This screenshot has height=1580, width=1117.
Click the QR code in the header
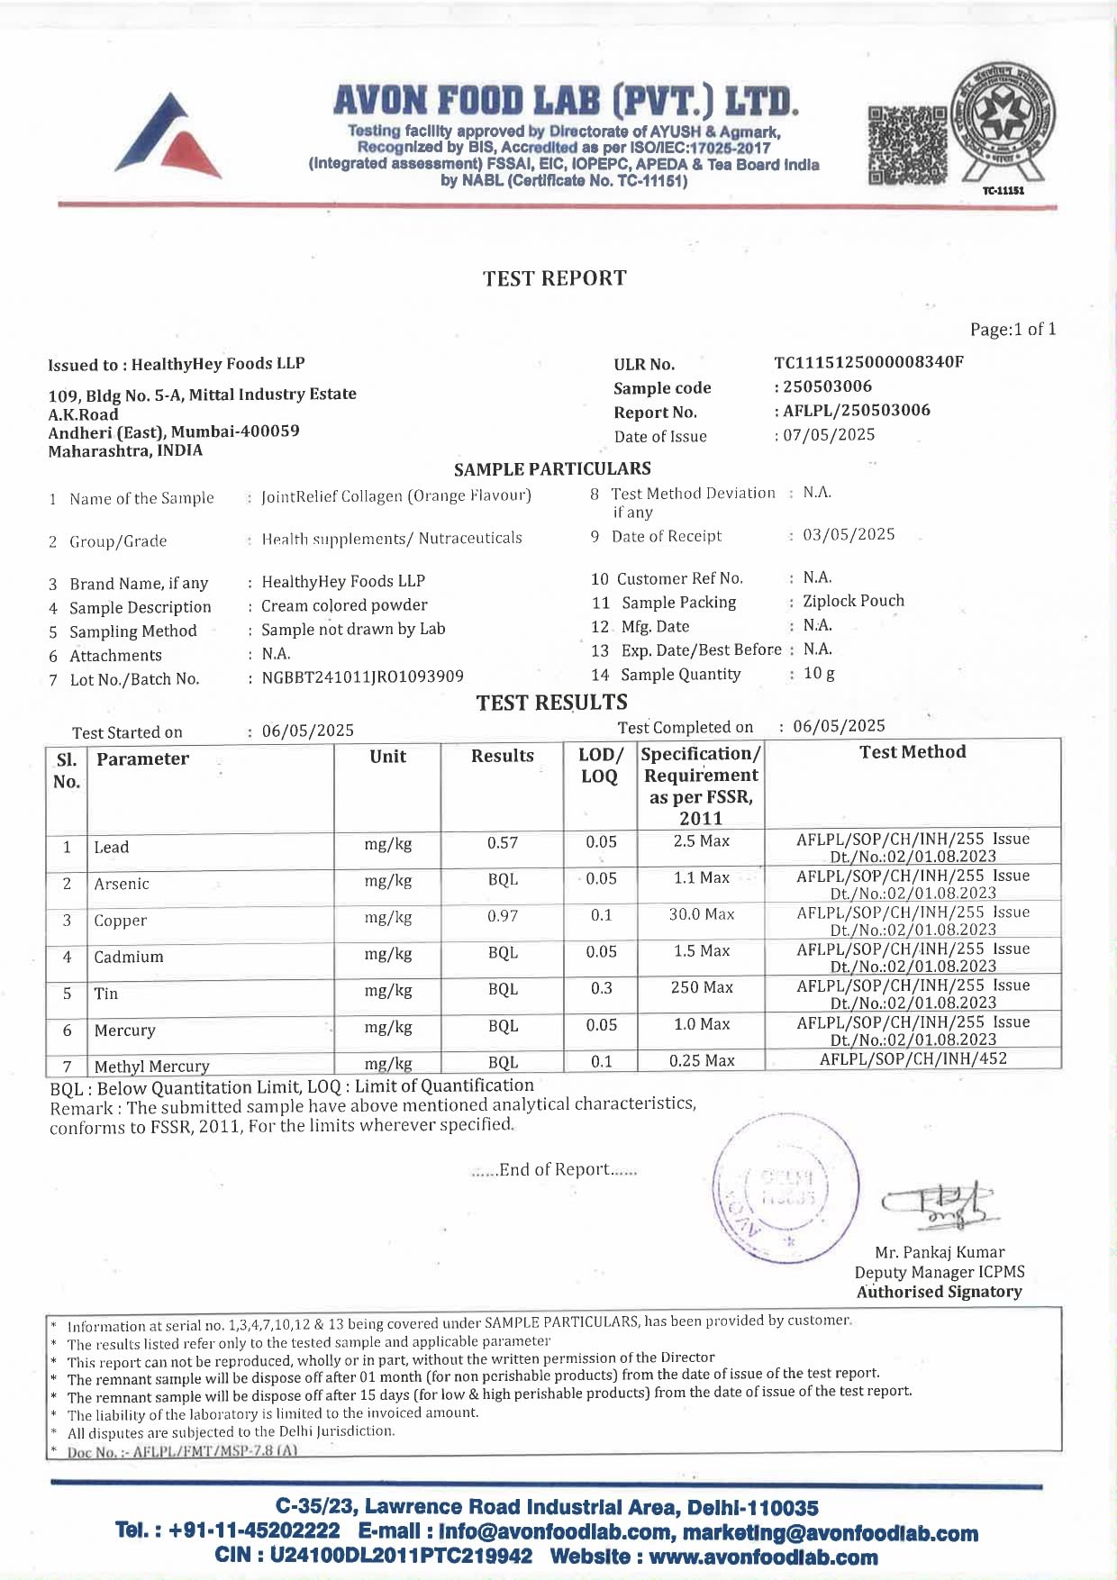(x=907, y=144)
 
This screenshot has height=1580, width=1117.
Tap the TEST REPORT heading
(x=554, y=278)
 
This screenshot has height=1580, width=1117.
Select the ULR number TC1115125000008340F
(x=868, y=362)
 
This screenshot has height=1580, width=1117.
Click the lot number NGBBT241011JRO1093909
(x=362, y=676)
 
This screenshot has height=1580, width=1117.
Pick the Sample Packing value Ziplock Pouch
(x=853, y=601)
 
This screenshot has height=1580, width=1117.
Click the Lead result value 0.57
(x=503, y=843)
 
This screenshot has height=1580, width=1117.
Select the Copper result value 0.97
(x=503, y=916)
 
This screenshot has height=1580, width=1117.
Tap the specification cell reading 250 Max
(x=702, y=988)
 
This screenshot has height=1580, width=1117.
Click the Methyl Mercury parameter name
(x=151, y=1067)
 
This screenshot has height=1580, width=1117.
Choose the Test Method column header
(x=913, y=752)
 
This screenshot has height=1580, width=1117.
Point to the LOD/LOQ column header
(x=600, y=766)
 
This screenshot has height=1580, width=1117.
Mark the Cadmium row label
(x=129, y=957)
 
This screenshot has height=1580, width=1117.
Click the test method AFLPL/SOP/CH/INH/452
(x=913, y=1059)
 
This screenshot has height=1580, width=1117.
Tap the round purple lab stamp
(x=786, y=1189)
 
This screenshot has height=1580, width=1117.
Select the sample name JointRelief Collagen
(x=396, y=496)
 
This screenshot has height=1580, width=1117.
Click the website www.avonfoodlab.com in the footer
(x=763, y=1557)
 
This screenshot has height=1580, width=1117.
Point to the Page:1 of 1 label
(x=1013, y=330)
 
